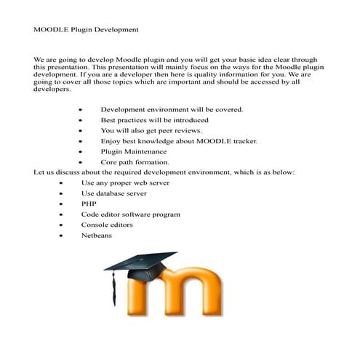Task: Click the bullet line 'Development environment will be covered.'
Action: (171, 109)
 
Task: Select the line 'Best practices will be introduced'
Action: (154, 119)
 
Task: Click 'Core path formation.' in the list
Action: (135, 162)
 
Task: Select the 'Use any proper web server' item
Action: (125, 183)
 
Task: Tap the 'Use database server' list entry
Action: (113, 193)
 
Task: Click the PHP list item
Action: (89, 204)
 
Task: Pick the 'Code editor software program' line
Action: (130, 215)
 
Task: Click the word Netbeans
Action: (96, 236)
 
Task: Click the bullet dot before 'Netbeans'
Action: (62, 236)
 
